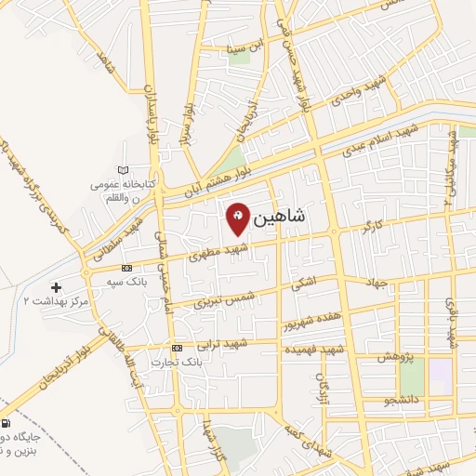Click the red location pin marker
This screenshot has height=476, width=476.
(x=238, y=218)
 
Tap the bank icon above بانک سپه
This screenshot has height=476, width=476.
(x=127, y=268)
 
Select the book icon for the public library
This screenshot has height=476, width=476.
(x=124, y=169)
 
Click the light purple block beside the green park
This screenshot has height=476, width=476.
(x=439, y=375)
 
